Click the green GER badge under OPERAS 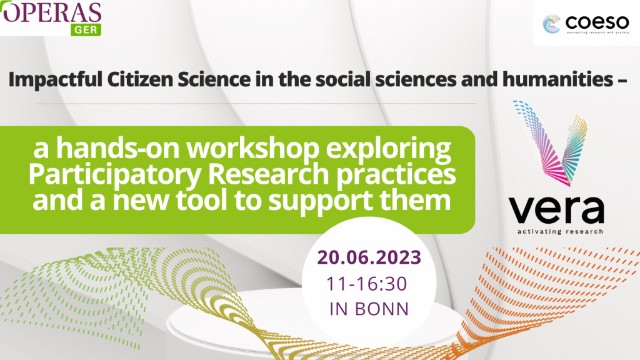click(x=86, y=30)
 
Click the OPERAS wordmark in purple click(x=51, y=12)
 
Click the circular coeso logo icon click(x=551, y=24)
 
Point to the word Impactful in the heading click(x=55, y=79)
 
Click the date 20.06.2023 click(x=369, y=257)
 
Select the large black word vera click(x=556, y=209)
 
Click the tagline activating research click(x=560, y=231)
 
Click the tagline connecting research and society click(x=597, y=32)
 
